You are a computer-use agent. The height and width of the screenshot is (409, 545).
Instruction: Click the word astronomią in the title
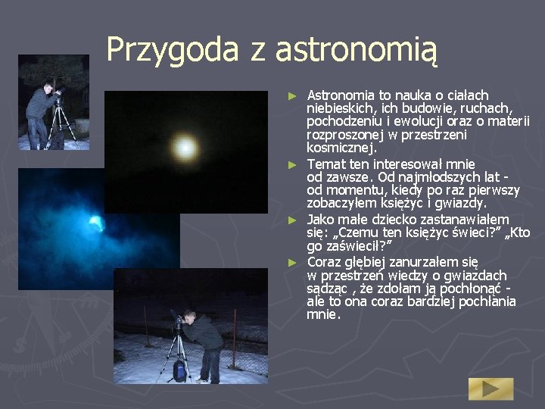pos(357,50)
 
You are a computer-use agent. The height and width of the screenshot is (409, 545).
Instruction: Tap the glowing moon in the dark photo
pos(185,144)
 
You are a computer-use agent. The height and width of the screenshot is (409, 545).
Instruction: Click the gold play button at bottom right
pos(490,389)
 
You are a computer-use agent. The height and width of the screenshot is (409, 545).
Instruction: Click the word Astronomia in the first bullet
pos(341,95)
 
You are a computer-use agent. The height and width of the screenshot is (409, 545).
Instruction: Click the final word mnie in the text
pos(322,314)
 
